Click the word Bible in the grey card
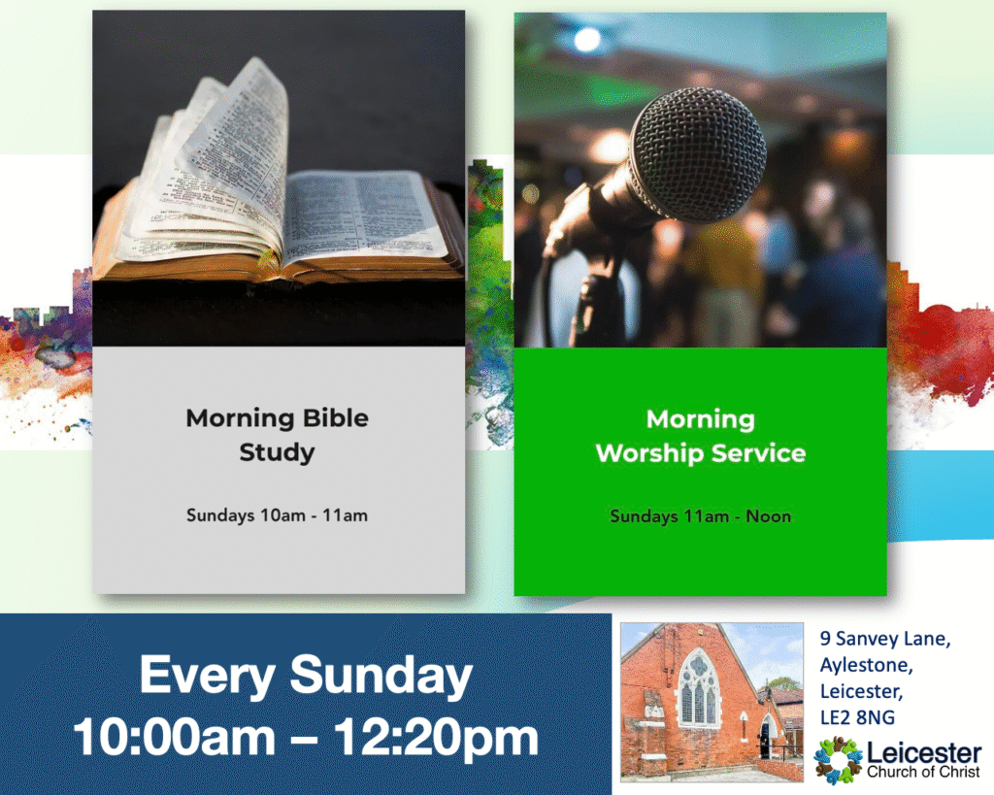[335, 418]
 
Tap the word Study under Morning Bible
[277, 453]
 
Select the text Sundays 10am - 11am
[277, 515]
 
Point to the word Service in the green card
[758, 453]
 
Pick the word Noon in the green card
[769, 516]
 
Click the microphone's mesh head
[697, 154]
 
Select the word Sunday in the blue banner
[381, 676]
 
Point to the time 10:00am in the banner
[175, 738]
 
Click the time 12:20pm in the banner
[436, 738]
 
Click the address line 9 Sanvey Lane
[885, 639]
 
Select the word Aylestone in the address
[866, 665]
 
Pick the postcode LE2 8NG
[857, 717]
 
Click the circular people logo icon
[838, 759]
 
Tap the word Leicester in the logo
[924, 753]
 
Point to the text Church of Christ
[923, 772]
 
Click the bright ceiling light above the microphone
[587, 39]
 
